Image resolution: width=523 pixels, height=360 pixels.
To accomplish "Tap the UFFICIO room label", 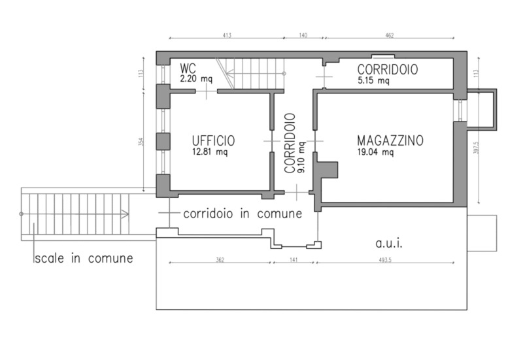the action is click(214, 140).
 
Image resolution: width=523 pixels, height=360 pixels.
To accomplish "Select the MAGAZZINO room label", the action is click(390, 140).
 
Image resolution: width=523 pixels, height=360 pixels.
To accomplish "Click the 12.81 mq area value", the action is click(210, 152).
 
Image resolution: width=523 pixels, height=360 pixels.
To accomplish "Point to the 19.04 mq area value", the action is click(375, 152).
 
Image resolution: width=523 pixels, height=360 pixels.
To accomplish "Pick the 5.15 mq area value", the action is click(373, 80).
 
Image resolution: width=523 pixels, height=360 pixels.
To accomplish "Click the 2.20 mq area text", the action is click(196, 79).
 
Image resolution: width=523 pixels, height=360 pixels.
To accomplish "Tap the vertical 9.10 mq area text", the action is click(301, 157).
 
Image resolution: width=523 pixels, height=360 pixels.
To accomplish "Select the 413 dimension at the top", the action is click(227, 35).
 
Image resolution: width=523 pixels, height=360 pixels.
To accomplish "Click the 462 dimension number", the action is click(390, 35).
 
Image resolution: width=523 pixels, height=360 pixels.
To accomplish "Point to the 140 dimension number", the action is click(303, 35).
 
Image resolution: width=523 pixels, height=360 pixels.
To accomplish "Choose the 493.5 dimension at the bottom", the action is click(385, 259).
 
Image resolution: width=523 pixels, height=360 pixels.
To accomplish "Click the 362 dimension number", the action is click(220, 259).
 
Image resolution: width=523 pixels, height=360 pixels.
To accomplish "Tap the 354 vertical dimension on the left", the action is click(141, 142).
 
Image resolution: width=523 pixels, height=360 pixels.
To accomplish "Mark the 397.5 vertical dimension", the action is click(477, 147).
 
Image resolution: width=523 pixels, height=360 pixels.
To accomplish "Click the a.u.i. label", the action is click(389, 243).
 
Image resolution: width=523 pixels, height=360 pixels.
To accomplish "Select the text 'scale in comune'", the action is click(84, 258).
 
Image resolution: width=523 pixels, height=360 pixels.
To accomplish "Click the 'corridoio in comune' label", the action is click(243, 214).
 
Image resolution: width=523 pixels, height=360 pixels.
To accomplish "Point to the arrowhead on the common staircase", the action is click(125, 214).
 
